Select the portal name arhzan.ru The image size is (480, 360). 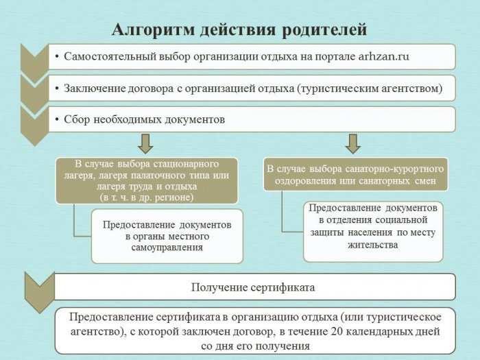[x=383, y=57]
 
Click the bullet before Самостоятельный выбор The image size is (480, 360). [x=57, y=57]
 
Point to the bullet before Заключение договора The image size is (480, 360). [x=57, y=88]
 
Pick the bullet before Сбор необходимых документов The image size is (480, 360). [x=57, y=119]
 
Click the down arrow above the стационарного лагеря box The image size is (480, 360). [x=145, y=143]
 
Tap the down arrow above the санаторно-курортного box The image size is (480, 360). [x=352, y=143]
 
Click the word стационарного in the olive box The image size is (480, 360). [x=186, y=164]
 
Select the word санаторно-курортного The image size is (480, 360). [x=394, y=169]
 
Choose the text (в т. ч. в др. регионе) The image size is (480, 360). [x=147, y=197]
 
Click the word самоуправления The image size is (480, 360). [x=167, y=248]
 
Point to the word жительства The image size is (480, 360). [x=373, y=245]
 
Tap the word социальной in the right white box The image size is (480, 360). [x=401, y=220]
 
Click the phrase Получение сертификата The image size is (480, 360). [x=253, y=287]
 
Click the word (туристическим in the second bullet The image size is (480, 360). [x=337, y=88]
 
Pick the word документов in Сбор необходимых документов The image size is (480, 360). [x=195, y=119]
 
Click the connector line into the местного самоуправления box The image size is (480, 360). [x=74, y=223]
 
